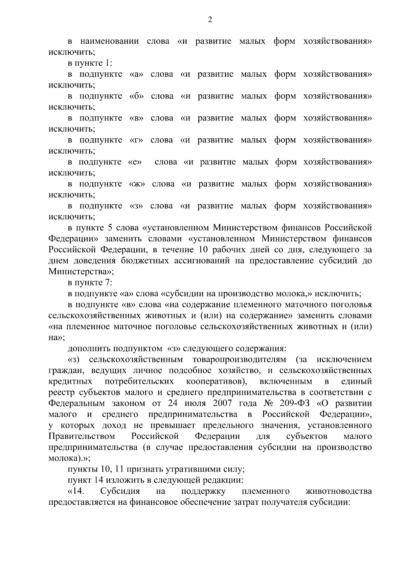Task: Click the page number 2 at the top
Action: tap(210, 20)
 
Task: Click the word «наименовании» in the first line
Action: tap(109, 42)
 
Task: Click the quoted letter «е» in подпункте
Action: tap(135, 162)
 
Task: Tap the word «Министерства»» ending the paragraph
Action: tap(81, 272)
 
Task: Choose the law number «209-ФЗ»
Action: tap(294, 404)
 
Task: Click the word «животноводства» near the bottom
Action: tap(338, 491)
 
